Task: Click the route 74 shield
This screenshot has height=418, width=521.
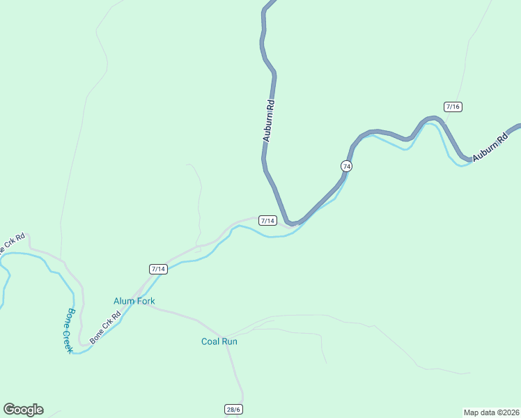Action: (346, 166)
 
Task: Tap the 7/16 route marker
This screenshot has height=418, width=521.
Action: (453, 107)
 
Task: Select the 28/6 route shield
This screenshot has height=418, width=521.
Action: (233, 409)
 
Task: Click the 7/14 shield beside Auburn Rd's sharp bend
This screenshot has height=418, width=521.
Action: (268, 220)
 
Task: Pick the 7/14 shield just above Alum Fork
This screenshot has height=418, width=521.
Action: (158, 269)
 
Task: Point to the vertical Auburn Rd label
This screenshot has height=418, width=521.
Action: (268, 121)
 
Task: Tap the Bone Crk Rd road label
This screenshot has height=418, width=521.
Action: (106, 327)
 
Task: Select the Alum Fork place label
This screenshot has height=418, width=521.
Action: (134, 301)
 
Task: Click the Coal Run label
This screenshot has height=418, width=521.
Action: (219, 341)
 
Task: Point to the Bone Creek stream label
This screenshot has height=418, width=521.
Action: (65, 330)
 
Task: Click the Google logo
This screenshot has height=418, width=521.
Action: (23, 410)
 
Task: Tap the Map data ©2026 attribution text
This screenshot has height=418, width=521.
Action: (491, 412)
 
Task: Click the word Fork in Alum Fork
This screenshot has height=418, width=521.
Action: (145, 301)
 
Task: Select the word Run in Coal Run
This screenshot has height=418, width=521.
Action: (230, 341)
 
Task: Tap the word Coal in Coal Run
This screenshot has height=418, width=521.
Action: (211, 341)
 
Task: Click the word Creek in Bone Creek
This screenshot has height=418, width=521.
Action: (64, 339)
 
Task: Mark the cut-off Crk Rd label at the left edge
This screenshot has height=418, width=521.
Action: (13, 241)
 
